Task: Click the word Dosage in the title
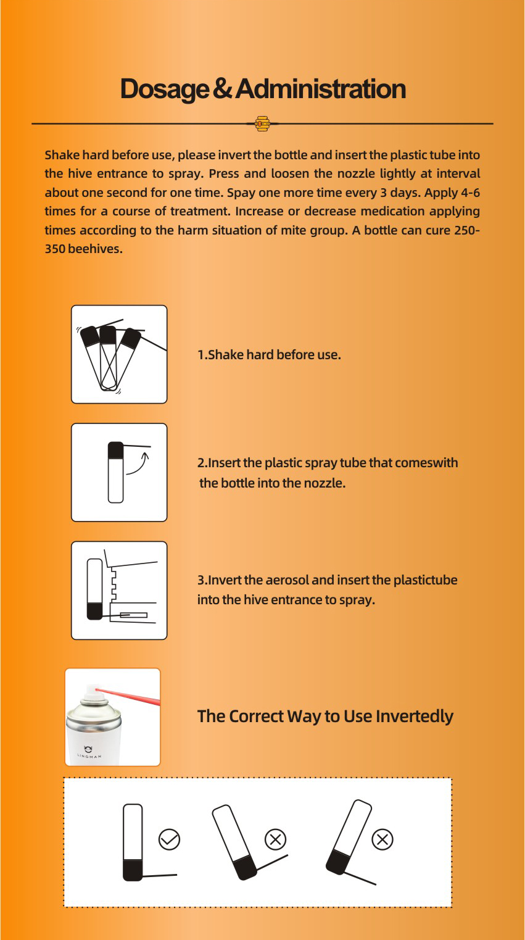164,89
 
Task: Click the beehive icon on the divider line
262,124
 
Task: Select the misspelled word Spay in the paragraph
241,193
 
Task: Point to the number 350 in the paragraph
54,249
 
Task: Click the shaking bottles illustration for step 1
119,355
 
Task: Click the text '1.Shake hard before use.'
269,355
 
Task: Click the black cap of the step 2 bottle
116,450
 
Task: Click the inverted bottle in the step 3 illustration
94,589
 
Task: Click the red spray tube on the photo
128,696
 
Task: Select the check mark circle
170,840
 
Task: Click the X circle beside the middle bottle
276,840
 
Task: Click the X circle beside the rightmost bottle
382,840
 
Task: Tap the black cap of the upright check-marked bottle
133,870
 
